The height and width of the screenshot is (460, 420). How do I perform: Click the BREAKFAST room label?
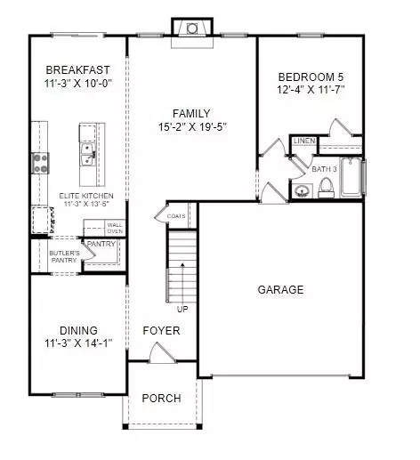click(77, 70)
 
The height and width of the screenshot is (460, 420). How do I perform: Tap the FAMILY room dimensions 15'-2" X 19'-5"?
click(192, 127)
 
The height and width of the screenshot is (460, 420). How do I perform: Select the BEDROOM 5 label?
click(311, 77)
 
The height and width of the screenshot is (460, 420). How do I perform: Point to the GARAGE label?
click(280, 289)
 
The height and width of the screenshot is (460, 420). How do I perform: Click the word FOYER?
click(161, 330)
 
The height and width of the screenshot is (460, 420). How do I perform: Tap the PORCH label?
click(161, 398)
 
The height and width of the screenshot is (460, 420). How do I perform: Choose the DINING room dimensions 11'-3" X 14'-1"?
click(78, 343)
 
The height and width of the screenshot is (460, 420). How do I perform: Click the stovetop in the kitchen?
click(40, 163)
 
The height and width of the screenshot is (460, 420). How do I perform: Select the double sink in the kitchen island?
click(88, 154)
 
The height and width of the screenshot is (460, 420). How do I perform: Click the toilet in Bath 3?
click(326, 189)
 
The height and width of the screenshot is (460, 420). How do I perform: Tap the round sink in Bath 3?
click(303, 190)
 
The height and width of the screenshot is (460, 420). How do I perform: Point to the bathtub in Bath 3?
click(351, 177)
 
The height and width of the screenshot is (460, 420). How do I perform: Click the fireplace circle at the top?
click(192, 28)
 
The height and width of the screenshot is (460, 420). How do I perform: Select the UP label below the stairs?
click(182, 310)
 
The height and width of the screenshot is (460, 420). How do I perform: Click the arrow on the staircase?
click(182, 282)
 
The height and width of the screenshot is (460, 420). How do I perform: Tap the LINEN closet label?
click(304, 141)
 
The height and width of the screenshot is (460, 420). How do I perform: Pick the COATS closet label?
click(176, 216)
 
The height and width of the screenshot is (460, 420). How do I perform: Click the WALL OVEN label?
click(115, 228)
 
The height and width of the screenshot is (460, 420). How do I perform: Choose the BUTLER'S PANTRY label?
click(64, 256)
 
